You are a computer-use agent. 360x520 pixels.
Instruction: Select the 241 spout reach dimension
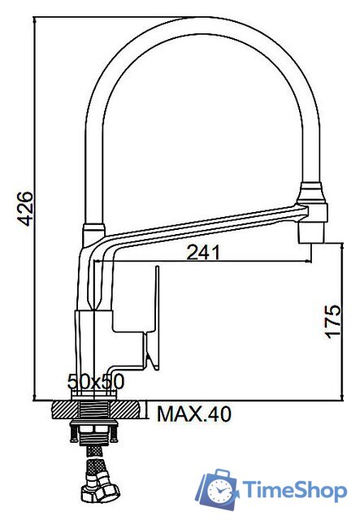click(x=204, y=253)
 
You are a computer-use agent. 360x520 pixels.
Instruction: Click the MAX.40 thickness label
click(x=193, y=414)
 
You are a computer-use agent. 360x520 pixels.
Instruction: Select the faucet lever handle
click(x=150, y=317)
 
